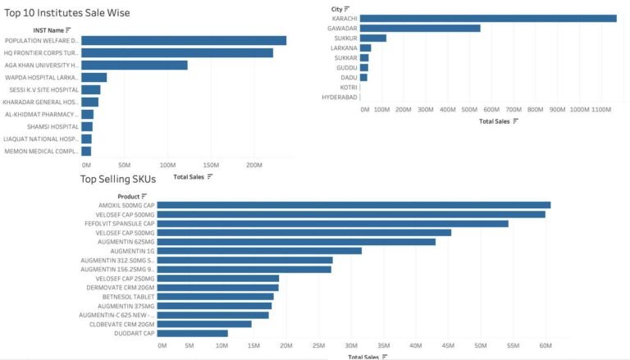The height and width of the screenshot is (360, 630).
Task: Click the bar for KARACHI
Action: [488, 18]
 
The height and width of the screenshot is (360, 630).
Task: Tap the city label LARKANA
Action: [344, 48]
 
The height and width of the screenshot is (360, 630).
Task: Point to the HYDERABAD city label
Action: [340, 97]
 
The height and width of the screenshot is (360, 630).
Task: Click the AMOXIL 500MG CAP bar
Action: [354, 205]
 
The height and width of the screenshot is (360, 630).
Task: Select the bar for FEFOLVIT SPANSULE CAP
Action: [332, 223]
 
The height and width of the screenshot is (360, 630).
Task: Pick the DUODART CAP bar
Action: [192, 333]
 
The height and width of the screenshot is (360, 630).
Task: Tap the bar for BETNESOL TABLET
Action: [215, 296]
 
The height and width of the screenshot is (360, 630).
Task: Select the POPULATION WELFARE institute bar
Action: [184, 40]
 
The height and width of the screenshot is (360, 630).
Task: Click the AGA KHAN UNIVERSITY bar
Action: [135, 65]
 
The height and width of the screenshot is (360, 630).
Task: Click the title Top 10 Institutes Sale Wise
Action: [67, 13]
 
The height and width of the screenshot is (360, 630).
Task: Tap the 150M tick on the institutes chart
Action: [211, 165]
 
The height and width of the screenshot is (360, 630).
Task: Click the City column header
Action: [336, 8]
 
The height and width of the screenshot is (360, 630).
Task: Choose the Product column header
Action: [128, 196]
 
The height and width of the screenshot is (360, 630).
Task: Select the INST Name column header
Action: [48, 30]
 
